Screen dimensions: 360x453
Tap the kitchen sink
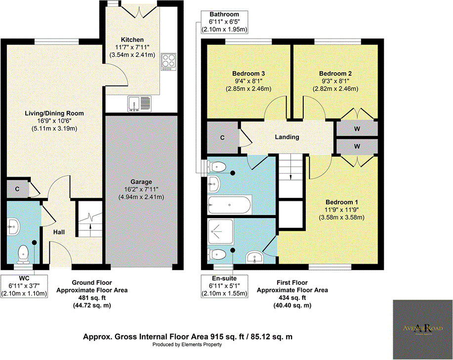[141, 103]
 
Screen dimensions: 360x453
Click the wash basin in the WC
[13, 227]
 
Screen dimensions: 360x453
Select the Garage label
[141, 181]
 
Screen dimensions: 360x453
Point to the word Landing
[287, 137]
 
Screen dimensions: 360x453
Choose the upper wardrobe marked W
[357, 129]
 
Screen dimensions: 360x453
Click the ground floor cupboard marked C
[17, 189]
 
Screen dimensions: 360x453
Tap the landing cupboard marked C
[222, 137]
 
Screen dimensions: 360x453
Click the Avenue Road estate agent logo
[422, 329]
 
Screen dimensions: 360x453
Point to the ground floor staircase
[89, 222]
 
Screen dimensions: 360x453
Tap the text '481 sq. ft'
[92, 298]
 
